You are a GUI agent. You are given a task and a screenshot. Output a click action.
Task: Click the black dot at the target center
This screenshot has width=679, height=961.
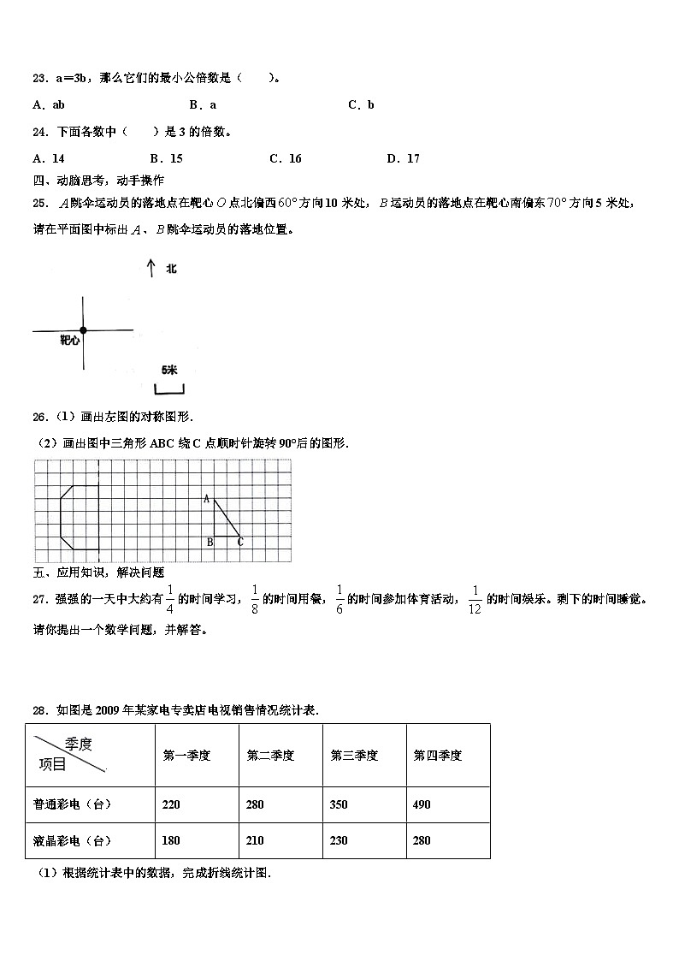click(83, 330)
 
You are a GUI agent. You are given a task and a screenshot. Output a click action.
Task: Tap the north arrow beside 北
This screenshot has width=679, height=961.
click(151, 269)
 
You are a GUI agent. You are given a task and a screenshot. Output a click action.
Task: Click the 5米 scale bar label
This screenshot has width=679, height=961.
click(168, 370)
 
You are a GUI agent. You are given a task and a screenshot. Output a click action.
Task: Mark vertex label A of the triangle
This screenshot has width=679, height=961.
click(207, 499)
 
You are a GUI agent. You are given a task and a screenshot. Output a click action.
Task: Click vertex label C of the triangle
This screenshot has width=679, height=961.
click(240, 542)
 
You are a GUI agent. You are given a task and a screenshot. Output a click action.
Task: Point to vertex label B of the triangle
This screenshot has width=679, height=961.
click(209, 542)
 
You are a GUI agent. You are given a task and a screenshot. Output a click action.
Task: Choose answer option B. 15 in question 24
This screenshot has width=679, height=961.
click(166, 158)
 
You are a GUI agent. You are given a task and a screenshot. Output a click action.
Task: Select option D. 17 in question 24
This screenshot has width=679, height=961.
click(403, 158)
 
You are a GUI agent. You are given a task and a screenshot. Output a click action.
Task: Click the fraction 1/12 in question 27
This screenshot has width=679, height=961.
click(475, 599)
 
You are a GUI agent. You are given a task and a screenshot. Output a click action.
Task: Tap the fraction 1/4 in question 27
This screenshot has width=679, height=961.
click(169, 599)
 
